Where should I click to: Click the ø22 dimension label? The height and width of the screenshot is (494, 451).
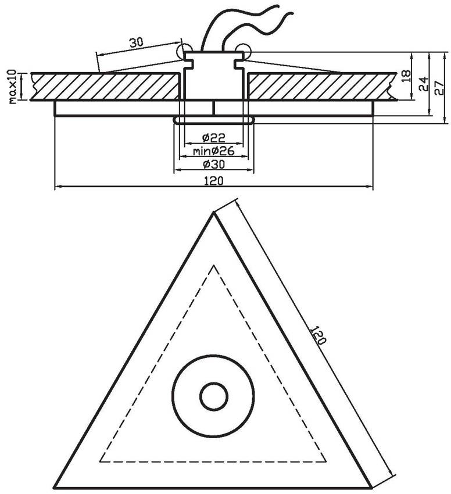pyautogui.click(x=214, y=138)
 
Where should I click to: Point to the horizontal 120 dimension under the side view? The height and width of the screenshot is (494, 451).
pyautogui.click(x=213, y=181)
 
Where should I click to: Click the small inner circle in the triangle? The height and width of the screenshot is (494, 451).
pyautogui.click(x=214, y=398)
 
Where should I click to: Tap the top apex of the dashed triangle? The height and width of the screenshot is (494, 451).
pyautogui.click(x=214, y=266)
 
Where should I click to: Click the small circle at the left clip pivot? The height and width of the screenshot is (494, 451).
pyautogui.click(x=185, y=51)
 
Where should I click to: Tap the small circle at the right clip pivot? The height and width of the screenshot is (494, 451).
pyautogui.click(x=243, y=51)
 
